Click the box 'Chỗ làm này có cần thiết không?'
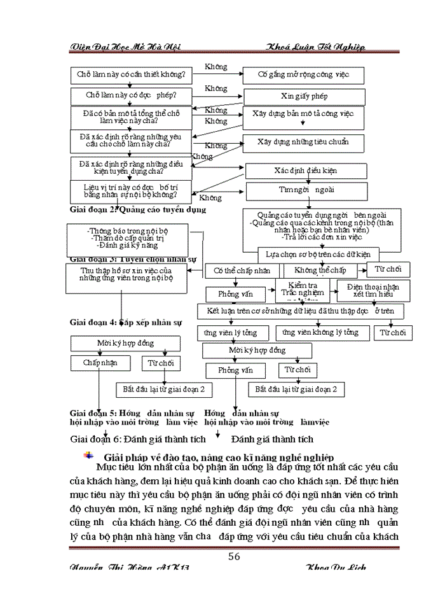(x=131, y=75)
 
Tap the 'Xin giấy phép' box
(x=304, y=96)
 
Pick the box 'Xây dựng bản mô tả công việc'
(x=304, y=117)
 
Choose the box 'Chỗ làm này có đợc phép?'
(x=131, y=96)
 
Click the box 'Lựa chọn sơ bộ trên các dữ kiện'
(x=318, y=254)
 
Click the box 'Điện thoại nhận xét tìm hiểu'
(x=369, y=290)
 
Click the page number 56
(x=234, y=556)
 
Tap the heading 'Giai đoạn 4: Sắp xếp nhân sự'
(x=126, y=322)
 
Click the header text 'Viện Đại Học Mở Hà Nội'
(x=125, y=47)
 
